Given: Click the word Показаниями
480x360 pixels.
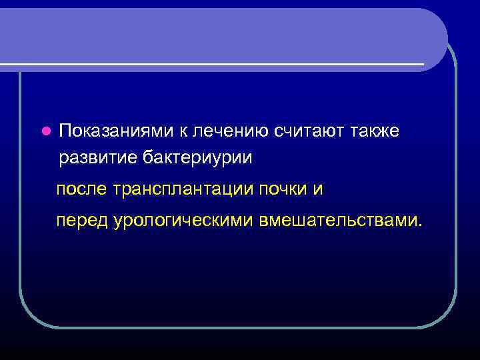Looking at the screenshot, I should [116, 131].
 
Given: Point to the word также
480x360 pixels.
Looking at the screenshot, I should [376, 131].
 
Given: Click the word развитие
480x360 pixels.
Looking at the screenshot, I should [98, 158].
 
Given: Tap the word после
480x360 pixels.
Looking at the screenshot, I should [83, 189].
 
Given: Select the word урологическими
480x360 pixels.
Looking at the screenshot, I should [186, 219].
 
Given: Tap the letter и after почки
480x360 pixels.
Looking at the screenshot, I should [318, 189].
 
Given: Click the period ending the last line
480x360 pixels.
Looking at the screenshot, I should [420, 224].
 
